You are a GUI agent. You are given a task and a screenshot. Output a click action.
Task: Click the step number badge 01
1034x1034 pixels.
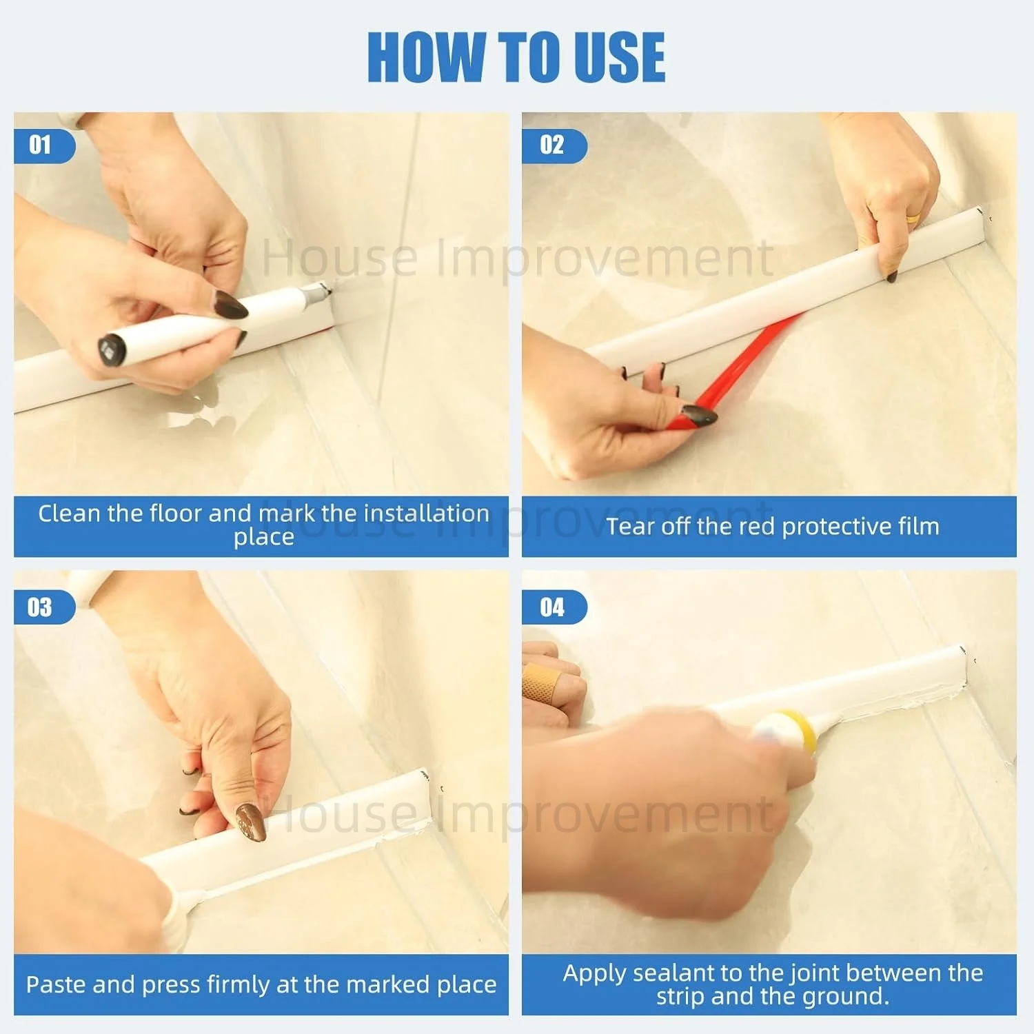pyautogui.click(x=43, y=145)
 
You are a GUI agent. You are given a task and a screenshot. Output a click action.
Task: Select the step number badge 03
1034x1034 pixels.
pyautogui.click(x=43, y=607)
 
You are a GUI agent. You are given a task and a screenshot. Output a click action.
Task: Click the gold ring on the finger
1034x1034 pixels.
pyautogui.click(x=913, y=219)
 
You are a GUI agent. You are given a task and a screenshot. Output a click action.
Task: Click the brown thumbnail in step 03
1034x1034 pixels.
pyautogui.click(x=251, y=823)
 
